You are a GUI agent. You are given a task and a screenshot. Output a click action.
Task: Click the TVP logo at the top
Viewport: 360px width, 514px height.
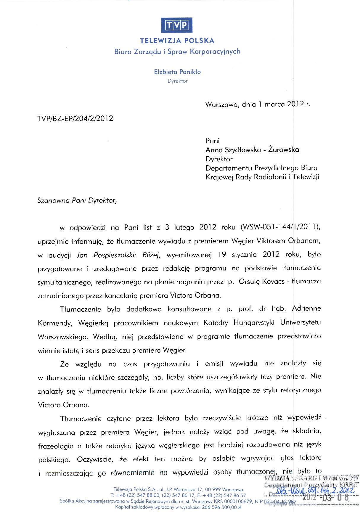pos(177,25)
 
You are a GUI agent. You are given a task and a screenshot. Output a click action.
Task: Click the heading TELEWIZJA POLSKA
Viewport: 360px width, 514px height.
pos(177,41)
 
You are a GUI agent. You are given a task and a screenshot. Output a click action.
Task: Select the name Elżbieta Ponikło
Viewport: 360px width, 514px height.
pos(177,72)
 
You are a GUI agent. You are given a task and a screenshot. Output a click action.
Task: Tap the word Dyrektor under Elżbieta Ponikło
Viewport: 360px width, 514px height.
pos(177,81)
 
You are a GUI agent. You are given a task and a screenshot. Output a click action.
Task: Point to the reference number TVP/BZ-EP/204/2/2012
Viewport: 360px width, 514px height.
pos(75,118)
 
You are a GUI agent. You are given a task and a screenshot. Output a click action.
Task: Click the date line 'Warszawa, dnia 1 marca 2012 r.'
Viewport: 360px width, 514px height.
pos(258,104)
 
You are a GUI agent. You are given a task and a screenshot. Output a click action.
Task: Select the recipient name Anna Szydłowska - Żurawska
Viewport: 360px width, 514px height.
pos(252,150)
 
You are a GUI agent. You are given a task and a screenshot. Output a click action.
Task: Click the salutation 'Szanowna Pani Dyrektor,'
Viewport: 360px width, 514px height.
pos(77,200)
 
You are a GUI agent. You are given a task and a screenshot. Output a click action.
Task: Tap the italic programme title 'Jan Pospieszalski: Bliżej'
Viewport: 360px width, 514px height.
pos(118,255)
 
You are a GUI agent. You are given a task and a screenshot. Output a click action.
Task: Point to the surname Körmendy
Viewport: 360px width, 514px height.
pos(55,323)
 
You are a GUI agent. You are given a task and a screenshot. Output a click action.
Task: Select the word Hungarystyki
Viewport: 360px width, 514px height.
pos(254,322)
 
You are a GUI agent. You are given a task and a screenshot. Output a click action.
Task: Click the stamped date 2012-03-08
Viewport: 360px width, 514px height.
pos(326,497)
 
